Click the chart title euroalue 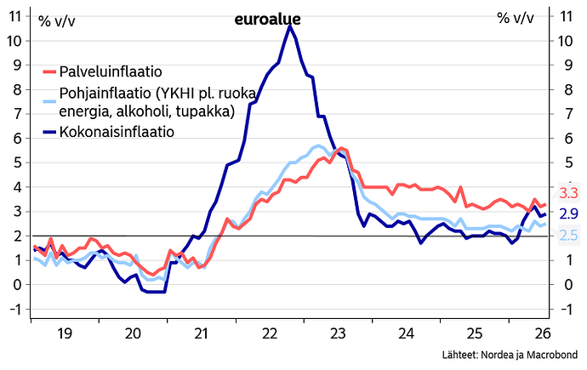267,19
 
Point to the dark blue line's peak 289,26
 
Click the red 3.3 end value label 568,193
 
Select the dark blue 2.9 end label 568,213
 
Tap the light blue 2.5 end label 568,235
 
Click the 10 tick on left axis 14,41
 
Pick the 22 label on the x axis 270,333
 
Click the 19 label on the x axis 65,333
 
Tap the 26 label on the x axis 543,333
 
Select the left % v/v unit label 57,21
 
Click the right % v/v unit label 516,18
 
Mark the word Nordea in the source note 497,355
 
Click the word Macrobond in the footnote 552,355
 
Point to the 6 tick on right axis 568,139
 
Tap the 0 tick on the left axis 18,285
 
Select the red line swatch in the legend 50,71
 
